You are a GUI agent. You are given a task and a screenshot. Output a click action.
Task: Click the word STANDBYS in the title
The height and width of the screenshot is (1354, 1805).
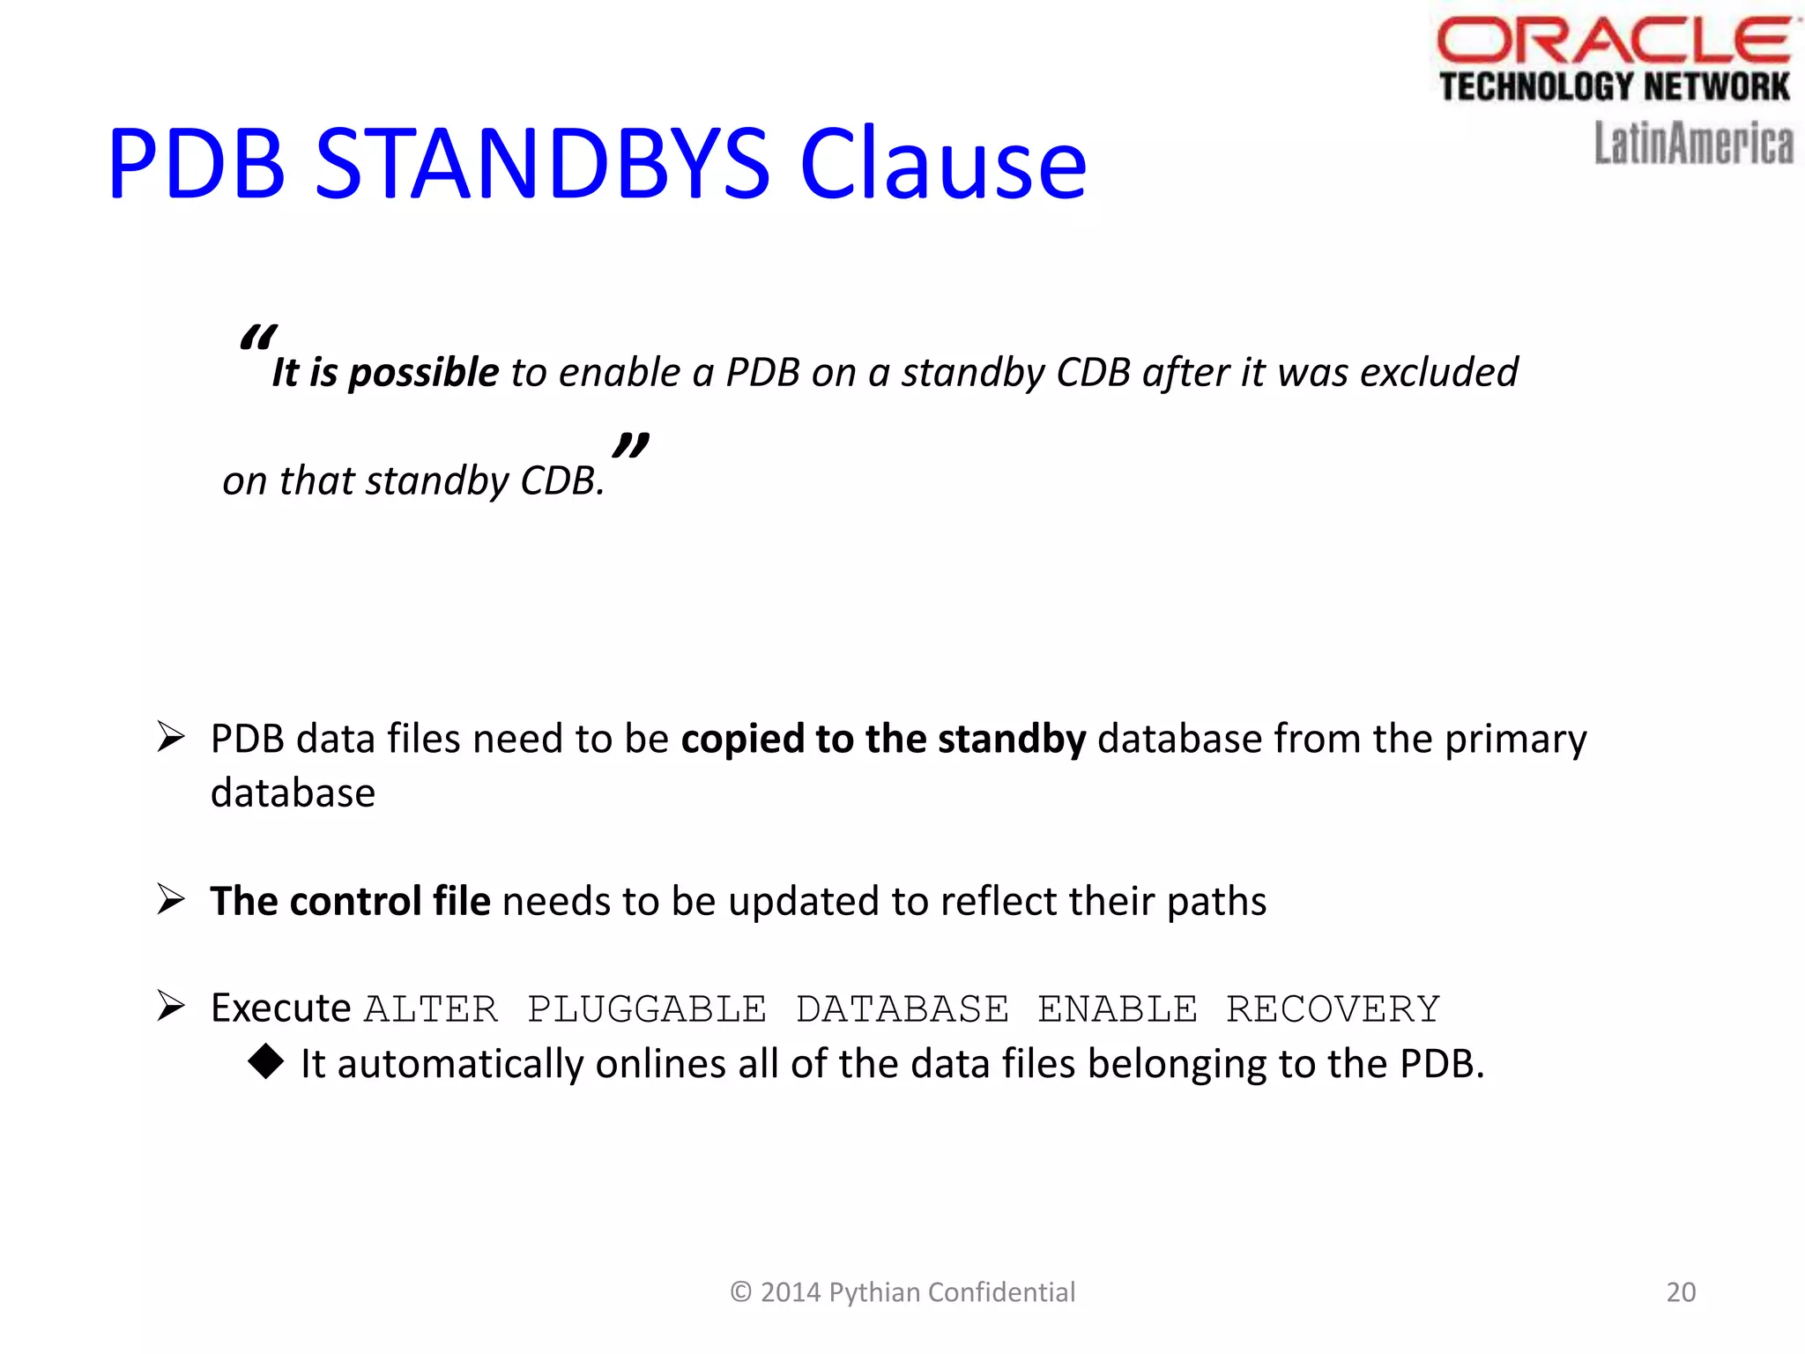542,164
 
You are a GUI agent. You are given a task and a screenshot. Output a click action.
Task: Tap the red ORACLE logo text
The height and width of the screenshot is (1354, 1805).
1613,41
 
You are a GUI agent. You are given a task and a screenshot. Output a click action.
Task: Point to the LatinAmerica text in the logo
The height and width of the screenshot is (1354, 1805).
1693,144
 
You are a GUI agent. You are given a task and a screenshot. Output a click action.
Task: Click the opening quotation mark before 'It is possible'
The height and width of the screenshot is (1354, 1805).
257,338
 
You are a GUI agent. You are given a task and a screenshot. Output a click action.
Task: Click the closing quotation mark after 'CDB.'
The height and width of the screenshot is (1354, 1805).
631,445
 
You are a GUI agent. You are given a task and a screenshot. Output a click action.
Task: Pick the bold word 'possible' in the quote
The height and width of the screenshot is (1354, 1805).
425,373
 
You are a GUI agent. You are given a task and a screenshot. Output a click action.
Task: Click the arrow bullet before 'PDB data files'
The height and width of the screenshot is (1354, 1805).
170,737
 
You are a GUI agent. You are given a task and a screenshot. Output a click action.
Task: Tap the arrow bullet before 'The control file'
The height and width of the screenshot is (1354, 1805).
170,899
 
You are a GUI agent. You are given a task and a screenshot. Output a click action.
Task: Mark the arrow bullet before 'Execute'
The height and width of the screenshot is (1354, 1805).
170,1006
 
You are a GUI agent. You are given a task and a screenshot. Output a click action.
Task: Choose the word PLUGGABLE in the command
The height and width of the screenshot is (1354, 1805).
647,1009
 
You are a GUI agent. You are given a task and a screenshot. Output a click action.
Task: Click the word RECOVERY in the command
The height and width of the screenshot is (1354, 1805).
1333,1009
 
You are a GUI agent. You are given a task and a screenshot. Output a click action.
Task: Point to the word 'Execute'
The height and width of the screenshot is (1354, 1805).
281,1008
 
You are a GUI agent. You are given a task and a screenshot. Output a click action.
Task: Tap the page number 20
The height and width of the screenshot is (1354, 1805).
1681,1292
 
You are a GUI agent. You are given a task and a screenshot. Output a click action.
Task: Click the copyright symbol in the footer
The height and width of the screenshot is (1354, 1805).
741,1292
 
